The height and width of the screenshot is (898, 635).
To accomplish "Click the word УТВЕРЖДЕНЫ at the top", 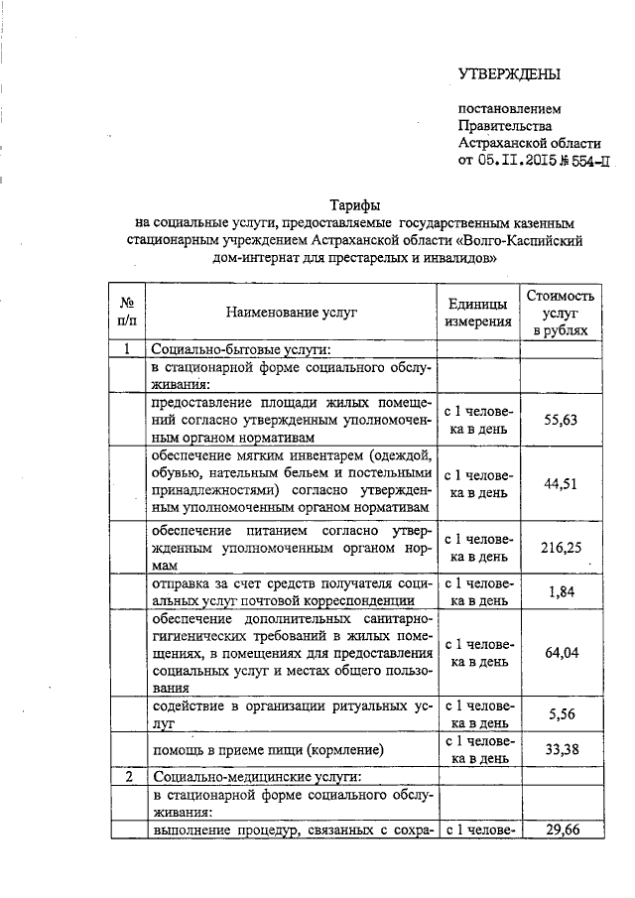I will tap(509, 74).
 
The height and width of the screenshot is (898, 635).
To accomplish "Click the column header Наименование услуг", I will tap(291, 313).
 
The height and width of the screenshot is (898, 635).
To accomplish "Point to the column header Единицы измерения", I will tap(478, 313).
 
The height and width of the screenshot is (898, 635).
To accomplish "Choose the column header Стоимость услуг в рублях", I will tap(562, 313).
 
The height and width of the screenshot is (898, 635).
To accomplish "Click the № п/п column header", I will tap(127, 313).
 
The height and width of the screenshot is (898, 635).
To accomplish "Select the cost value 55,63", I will tap(562, 420).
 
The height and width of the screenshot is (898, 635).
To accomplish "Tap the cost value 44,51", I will tap(562, 483).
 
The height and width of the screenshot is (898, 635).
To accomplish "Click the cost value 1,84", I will tap(562, 592).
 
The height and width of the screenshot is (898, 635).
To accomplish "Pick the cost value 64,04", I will tap(562, 652).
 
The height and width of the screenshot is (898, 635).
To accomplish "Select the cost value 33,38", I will tap(562, 749).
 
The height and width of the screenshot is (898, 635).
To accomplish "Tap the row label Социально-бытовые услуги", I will tap(239, 349).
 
